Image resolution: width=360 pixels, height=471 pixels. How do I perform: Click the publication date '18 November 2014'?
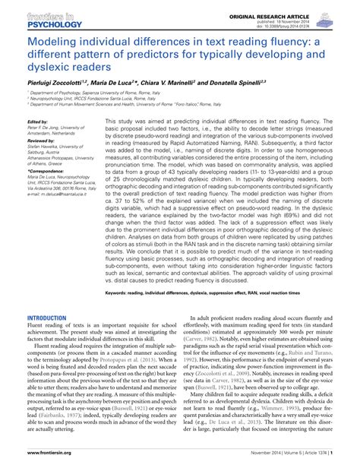click(316, 14)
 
